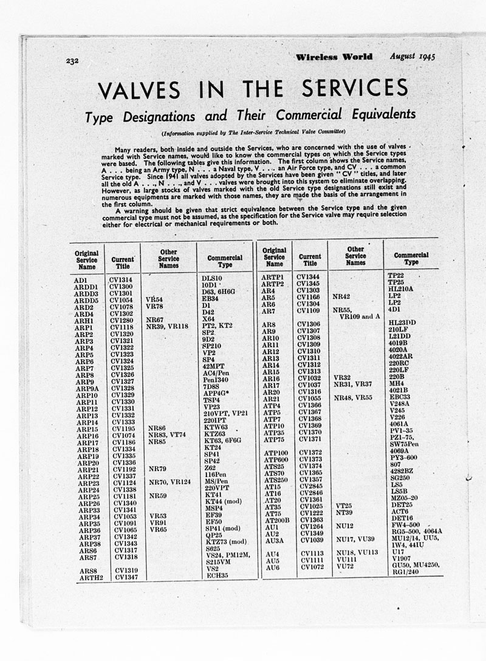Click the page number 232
coord(75,60)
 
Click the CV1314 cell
coord(121,279)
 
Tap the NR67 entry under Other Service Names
coord(155,320)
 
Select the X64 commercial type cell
coord(208,319)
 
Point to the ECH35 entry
coord(217,576)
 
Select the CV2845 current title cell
coord(310,486)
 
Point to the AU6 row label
coord(271,567)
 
